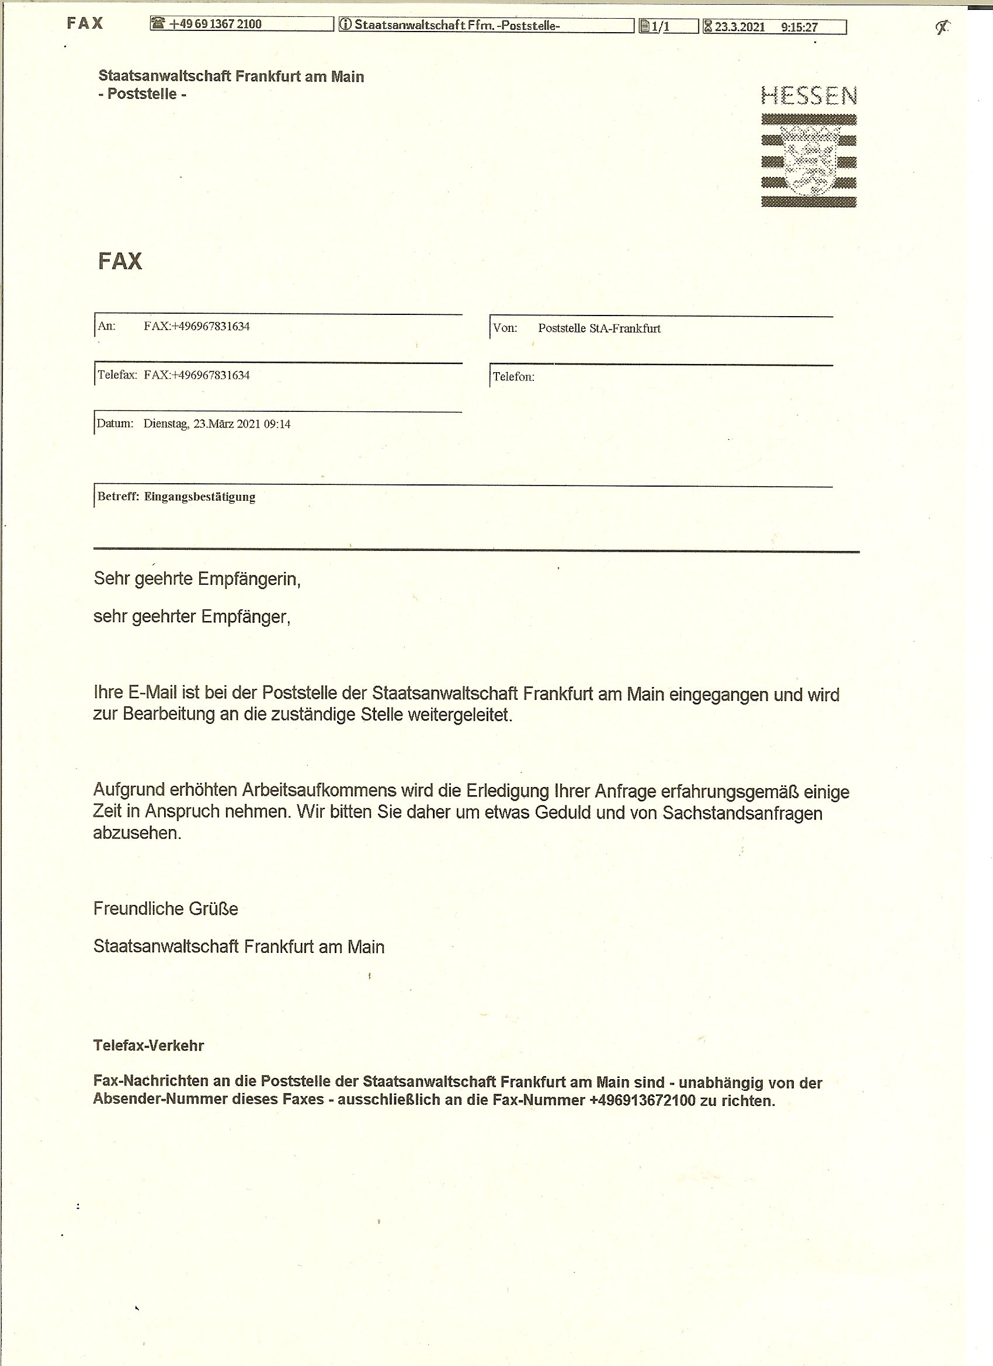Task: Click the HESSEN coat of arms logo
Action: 809,160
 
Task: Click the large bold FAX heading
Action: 120,261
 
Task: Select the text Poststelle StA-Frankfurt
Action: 599,328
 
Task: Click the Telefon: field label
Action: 513,377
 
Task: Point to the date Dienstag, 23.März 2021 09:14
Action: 217,424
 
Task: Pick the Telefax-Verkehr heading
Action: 148,1045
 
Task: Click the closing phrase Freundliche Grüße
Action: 166,909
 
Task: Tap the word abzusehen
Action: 137,833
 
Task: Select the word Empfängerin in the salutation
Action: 249,579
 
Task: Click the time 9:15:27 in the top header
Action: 799,27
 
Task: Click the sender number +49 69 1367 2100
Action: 215,24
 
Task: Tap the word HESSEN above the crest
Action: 809,96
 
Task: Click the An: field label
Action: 106,326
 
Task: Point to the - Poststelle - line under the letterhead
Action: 142,94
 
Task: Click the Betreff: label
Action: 118,497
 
